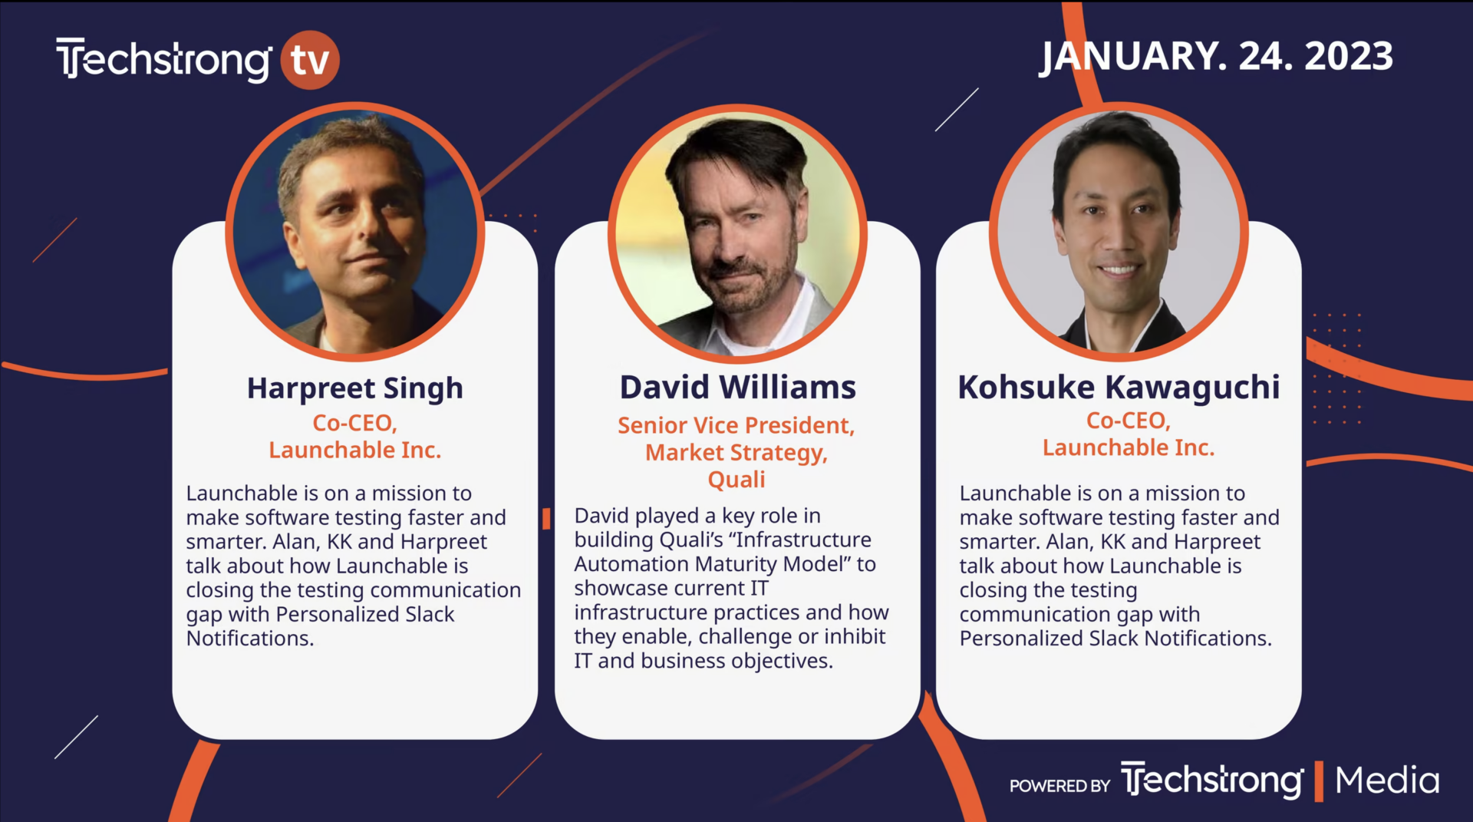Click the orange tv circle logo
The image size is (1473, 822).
click(x=310, y=60)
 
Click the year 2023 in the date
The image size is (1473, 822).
click(x=1349, y=56)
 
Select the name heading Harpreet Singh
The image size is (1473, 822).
click(x=355, y=388)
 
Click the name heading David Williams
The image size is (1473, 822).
click(x=737, y=388)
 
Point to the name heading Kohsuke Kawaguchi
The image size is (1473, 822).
click(x=1119, y=388)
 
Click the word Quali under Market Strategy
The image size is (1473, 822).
click(x=736, y=480)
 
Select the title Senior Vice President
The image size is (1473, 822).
click(x=736, y=425)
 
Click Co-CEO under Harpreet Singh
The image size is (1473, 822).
click(x=354, y=423)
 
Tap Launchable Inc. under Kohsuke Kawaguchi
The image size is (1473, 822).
click(x=1129, y=447)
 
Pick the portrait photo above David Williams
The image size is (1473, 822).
click(x=737, y=233)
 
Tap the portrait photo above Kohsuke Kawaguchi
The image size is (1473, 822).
click(x=1119, y=231)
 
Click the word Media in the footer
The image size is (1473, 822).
click(x=1387, y=781)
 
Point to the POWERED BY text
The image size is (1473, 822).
click(x=1059, y=786)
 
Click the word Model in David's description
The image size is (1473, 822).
click(x=817, y=564)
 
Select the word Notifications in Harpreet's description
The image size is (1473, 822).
click(x=250, y=639)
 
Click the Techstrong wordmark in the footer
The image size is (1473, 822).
click(x=1212, y=781)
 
